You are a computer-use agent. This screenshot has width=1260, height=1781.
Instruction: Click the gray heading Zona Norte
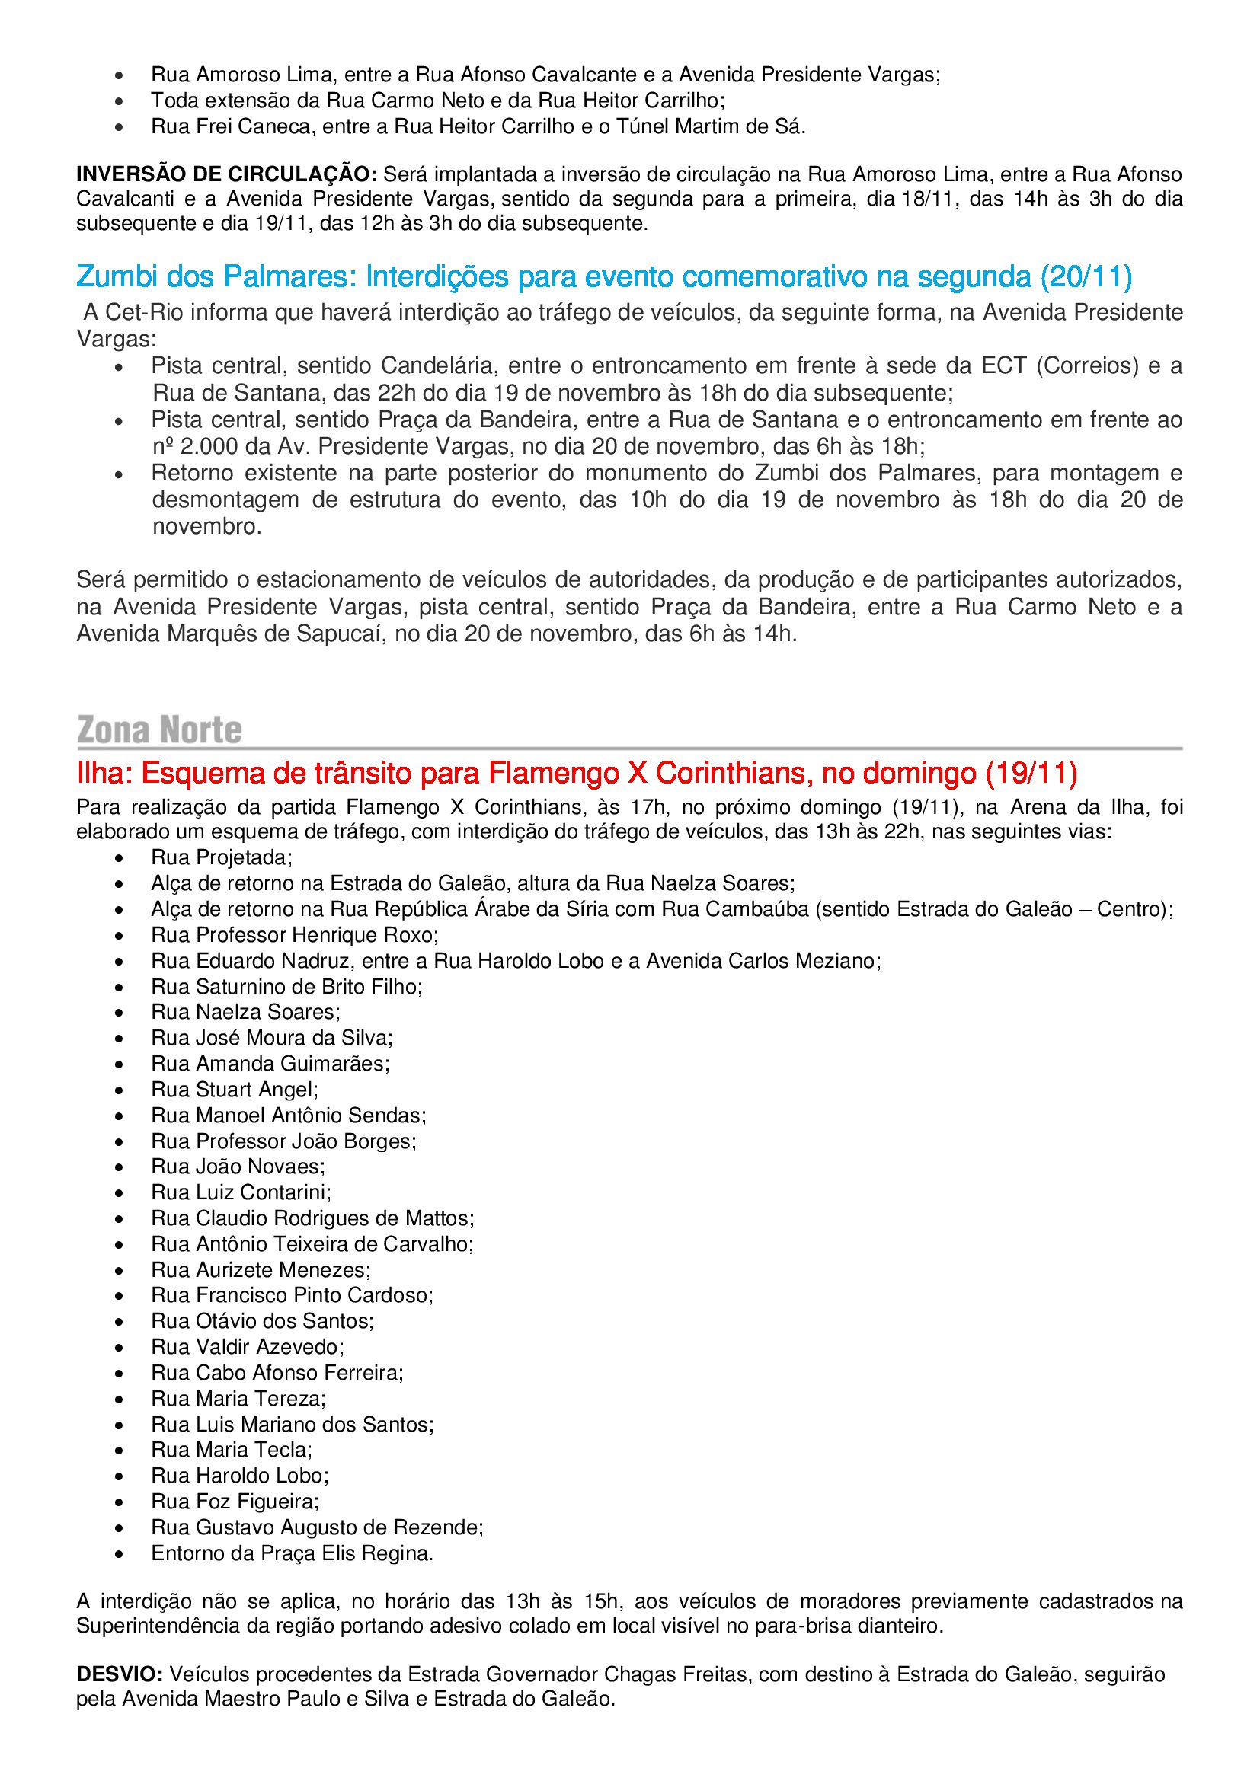click(x=160, y=730)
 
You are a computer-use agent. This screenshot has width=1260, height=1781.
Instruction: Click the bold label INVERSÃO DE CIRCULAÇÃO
click(x=225, y=174)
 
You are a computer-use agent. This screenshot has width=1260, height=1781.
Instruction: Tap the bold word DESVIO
click(x=119, y=1674)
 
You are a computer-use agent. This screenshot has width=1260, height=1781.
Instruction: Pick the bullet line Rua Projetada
click(x=221, y=857)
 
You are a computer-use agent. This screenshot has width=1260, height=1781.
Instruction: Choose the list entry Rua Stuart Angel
click(x=235, y=1089)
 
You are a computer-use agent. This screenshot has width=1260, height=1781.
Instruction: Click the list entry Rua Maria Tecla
click(x=232, y=1449)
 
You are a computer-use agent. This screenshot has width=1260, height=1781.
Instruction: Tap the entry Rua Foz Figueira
click(x=235, y=1501)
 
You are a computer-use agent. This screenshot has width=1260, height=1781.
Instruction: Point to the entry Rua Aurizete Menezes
click(x=261, y=1269)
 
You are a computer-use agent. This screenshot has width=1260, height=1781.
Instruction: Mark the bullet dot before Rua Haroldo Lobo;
click(x=119, y=1476)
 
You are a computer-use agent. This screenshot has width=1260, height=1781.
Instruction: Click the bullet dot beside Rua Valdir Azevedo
click(x=119, y=1348)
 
